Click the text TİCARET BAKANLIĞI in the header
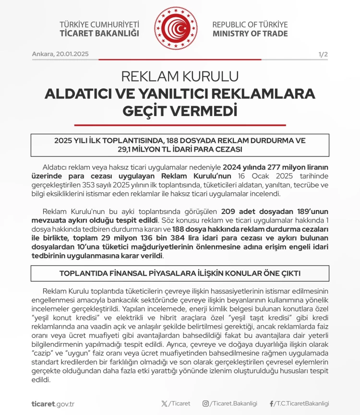(x=99, y=34)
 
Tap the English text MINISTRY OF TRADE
(x=250, y=34)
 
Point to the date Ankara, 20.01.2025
(x=60, y=54)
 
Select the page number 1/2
(x=323, y=54)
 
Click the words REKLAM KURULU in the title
(x=180, y=77)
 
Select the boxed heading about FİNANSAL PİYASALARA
(x=180, y=273)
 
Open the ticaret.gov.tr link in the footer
(x=53, y=404)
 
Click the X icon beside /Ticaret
(x=165, y=404)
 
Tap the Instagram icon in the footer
(x=205, y=404)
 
